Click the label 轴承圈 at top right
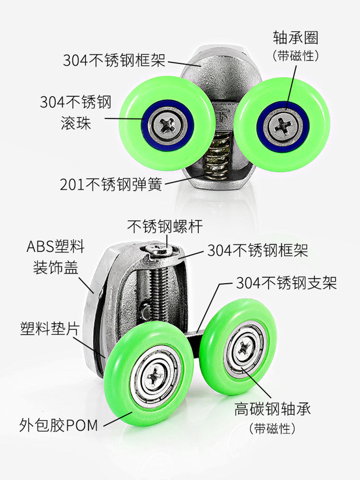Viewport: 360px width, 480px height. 295,38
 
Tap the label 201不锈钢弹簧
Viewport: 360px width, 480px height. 111,184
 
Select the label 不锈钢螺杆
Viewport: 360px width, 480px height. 165,227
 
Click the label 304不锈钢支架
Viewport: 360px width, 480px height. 286,283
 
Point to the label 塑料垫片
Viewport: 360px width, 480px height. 50,328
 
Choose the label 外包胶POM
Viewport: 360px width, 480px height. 59,425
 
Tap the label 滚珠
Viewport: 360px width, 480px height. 76,123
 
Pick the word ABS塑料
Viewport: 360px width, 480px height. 55,246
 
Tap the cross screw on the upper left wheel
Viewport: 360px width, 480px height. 168,124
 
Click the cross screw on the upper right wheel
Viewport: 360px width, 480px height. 282,126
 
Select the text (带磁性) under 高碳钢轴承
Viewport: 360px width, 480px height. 273,428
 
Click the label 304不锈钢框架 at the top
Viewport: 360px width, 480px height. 114,60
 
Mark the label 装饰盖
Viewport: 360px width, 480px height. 55,267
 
